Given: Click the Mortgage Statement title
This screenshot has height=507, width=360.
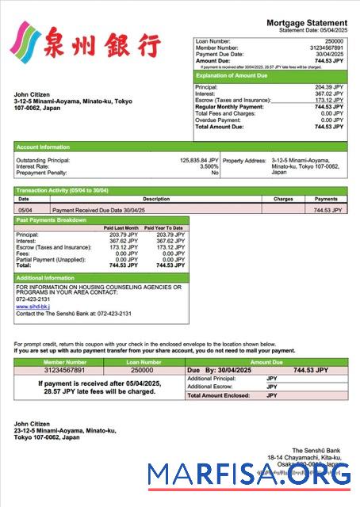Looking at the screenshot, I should coord(306,23).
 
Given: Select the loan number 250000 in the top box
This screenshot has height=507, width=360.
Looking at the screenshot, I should coord(335,40).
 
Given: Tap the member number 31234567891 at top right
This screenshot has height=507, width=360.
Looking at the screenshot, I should coord(325,47).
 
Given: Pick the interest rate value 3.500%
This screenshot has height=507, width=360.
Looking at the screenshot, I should coord(209,166).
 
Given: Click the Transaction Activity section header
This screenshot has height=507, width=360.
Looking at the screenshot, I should coord(63,191).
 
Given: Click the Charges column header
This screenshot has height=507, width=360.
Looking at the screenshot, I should coord(282,199).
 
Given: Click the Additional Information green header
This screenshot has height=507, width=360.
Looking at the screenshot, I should coord(45,278).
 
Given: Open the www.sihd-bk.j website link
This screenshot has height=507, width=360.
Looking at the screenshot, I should coord(33,306).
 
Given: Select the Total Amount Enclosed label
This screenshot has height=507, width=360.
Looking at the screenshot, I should coord(216,395).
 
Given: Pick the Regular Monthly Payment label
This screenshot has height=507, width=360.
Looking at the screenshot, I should coord(230,106).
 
